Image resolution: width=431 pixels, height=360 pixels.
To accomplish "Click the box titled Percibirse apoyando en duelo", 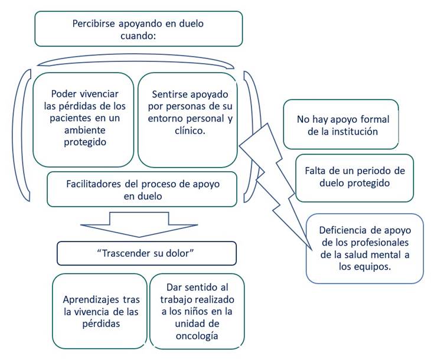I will click(x=138, y=29).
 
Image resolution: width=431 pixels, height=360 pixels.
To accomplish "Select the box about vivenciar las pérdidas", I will click(x=84, y=119).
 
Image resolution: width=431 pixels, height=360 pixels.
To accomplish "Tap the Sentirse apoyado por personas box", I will click(x=187, y=119).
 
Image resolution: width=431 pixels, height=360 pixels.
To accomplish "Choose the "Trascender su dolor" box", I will click(x=146, y=254).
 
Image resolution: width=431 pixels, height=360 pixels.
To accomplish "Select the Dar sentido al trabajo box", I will click(x=197, y=310).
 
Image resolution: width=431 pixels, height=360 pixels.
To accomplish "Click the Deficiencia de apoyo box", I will click(x=364, y=247).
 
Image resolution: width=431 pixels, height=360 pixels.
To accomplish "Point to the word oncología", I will click(x=197, y=336).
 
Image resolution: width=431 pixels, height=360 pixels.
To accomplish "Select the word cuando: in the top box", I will click(x=138, y=37).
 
